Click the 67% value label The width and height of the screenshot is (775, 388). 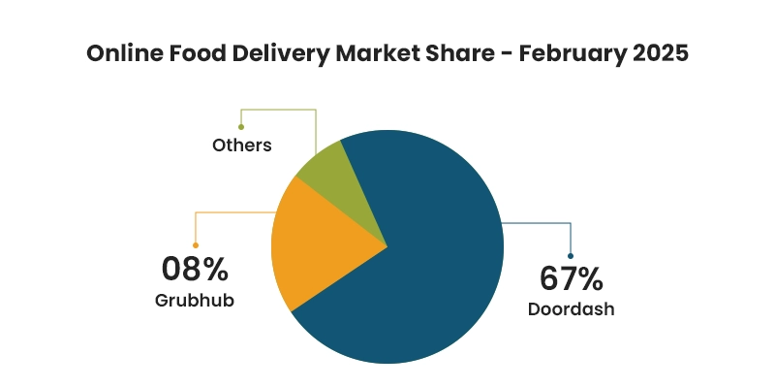coord(572,279)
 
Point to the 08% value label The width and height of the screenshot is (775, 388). coord(195,268)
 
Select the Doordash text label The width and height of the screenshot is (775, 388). coord(572,310)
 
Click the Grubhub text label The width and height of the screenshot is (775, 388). coord(195,300)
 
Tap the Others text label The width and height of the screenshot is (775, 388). coord(241,145)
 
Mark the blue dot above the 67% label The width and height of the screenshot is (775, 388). coord(571,256)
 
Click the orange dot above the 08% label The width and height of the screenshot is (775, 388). coord(196,245)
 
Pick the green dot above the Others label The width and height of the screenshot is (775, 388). coord(241,126)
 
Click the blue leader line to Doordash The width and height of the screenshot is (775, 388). coord(542,224)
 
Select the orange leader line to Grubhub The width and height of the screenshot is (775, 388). coord(232,212)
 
